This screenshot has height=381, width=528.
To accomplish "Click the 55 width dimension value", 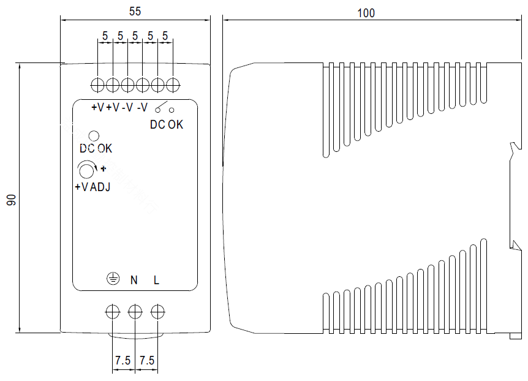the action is [x=135, y=12].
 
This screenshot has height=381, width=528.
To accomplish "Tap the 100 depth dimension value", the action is [x=366, y=13].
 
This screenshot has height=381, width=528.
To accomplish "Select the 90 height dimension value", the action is [x=11, y=200].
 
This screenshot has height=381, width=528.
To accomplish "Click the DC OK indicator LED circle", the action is [x=94, y=136].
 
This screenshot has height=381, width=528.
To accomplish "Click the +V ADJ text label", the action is [x=92, y=187].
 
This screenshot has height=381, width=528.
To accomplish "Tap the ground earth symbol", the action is [x=113, y=279].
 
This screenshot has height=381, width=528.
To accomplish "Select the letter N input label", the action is [x=134, y=280].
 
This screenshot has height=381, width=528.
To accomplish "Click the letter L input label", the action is [x=156, y=280].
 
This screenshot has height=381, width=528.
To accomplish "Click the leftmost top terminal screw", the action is [x=97, y=85].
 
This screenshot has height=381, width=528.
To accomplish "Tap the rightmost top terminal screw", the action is [x=173, y=85].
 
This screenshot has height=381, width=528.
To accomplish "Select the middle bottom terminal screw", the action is [x=135, y=312].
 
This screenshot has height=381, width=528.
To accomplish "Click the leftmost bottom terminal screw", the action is [x=113, y=312].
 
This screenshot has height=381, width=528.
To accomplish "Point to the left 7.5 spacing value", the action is [x=123, y=360].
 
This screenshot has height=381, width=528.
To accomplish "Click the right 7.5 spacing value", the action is [x=147, y=360].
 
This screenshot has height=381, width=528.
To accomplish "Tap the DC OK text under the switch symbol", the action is [x=167, y=124].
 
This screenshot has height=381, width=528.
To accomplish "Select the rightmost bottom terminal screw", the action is [x=157, y=312].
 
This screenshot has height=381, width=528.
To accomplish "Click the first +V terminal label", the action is [x=97, y=107].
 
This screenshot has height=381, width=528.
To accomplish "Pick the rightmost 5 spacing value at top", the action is [x=165, y=36].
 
